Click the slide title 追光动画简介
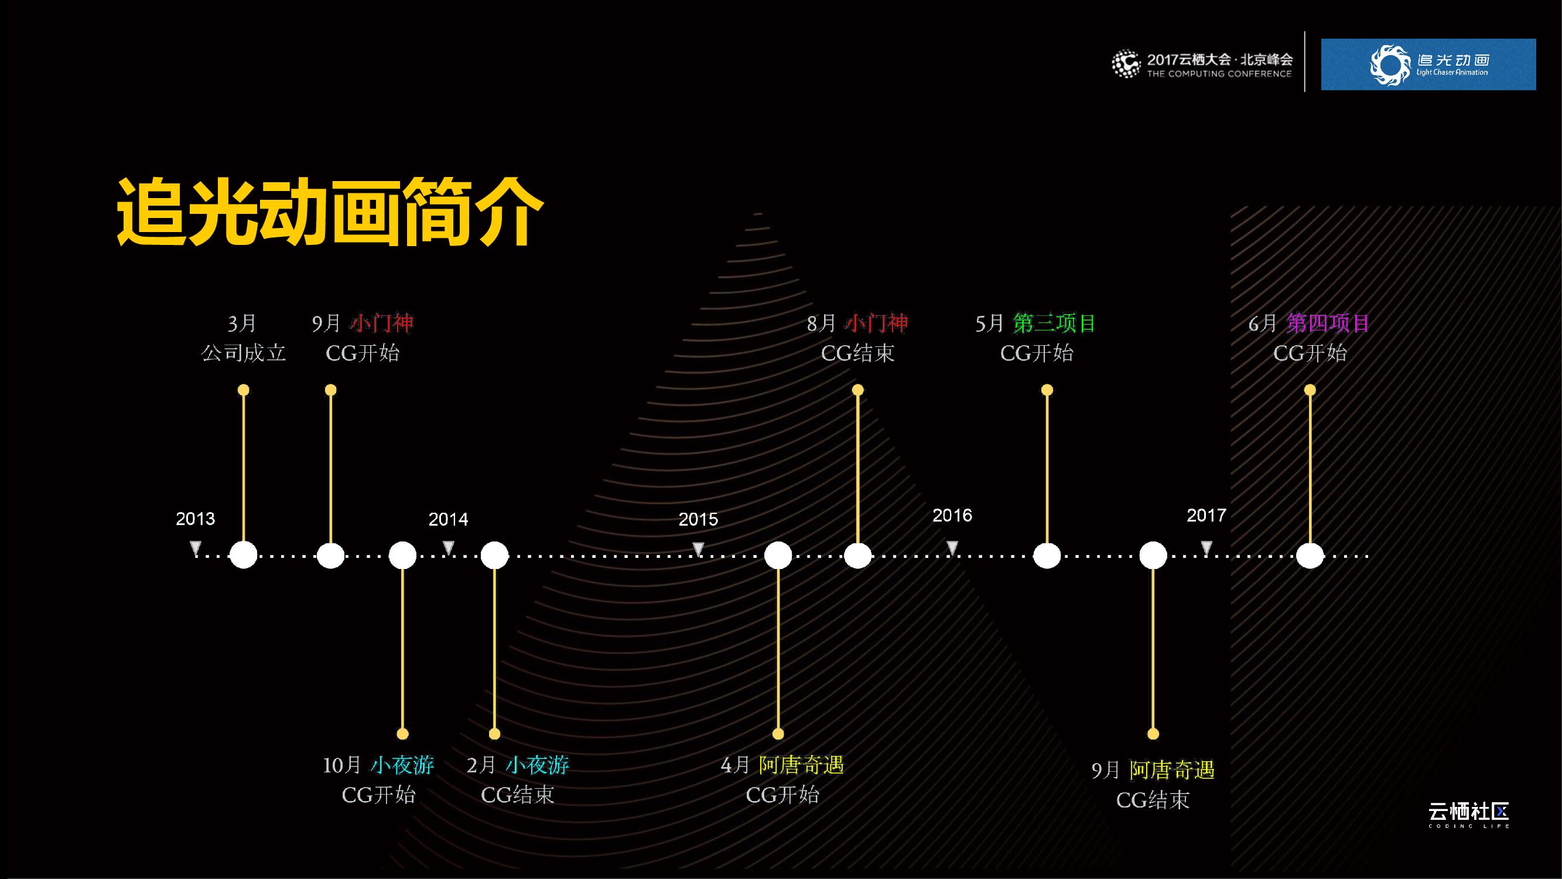(x=329, y=212)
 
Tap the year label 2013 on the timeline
(x=195, y=519)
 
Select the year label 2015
(x=698, y=519)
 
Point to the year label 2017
(x=1206, y=516)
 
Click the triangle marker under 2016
(x=952, y=548)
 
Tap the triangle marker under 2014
(x=448, y=548)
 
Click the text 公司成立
(x=243, y=353)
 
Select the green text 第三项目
(x=1054, y=323)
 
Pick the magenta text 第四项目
(x=1328, y=323)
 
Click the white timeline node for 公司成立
(x=243, y=555)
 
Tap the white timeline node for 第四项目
(x=1310, y=555)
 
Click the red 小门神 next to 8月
(x=877, y=323)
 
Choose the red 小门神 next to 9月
(x=382, y=323)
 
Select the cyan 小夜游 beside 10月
(x=402, y=765)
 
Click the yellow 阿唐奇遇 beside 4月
(x=801, y=765)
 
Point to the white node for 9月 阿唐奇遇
(x=1153, y=555)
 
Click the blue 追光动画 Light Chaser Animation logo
(x=1428, y=65)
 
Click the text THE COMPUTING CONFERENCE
(x=1219, y=74)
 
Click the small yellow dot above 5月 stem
(x=1047, y=390)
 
